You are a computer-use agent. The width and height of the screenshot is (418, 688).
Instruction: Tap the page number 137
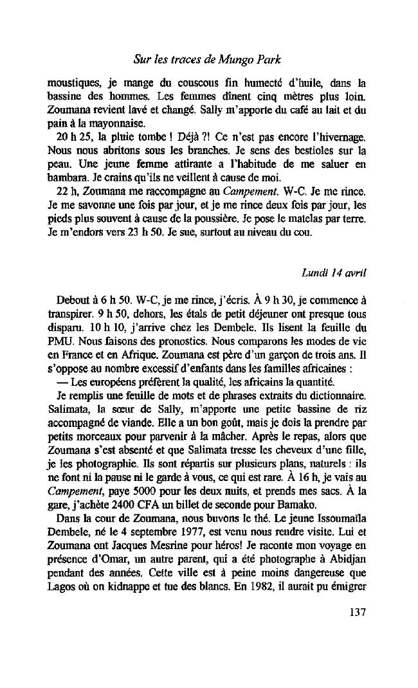[354, 611]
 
